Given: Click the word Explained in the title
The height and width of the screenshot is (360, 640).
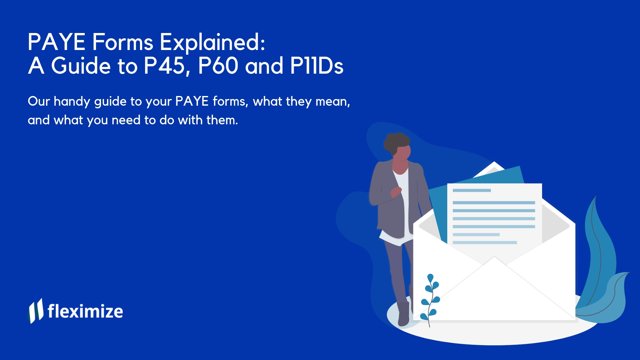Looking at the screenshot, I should pos(212,43).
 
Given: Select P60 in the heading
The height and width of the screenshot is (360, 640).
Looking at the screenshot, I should pos(218,66).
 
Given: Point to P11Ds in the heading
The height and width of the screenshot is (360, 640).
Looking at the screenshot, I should pos(317,66).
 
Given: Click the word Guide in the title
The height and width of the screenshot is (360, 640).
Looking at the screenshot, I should pos(81,66).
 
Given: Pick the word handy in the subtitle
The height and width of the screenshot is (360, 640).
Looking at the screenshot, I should pos(72,102).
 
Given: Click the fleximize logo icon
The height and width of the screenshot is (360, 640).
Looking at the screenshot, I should pos(35,311).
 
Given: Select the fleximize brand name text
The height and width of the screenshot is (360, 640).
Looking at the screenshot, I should pos(85,311).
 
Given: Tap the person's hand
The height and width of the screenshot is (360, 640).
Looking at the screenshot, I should pos(396,192).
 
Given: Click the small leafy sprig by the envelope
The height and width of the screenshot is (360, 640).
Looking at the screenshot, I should pos(430,298).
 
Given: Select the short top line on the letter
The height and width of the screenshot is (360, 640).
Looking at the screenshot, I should pos(471,190).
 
